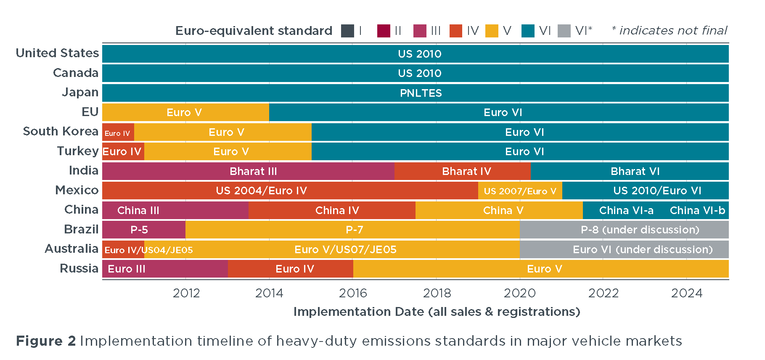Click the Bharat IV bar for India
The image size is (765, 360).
coord(462,171)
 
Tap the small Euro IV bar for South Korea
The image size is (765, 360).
coord(118,132)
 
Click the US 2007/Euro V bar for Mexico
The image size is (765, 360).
coord(520,191)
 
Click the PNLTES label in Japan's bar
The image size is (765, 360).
coord(421,93)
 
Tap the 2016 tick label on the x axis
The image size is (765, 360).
coord(353,293)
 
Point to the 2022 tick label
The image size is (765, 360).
coord(603,293)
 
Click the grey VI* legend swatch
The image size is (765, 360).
coord(564,31)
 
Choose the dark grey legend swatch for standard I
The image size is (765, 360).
coord(347,31)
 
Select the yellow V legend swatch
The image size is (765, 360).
coord(492,31)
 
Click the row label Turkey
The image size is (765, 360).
coord(78,151)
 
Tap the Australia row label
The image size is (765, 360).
coord(71,249)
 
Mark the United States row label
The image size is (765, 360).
coord(57,53)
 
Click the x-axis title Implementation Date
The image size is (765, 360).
coord(437,312)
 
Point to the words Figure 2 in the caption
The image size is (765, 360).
coord(46,341)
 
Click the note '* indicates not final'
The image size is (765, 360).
coord(669,30)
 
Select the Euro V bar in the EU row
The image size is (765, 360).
coord(185,112)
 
